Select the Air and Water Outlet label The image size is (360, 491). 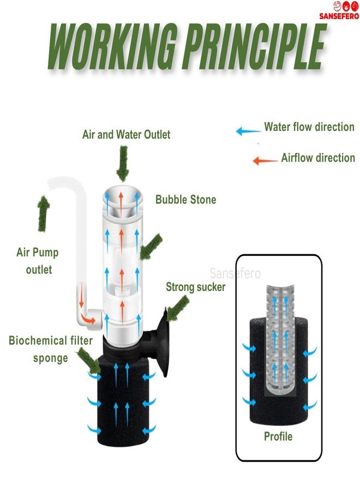pos(126,134)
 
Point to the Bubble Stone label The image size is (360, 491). pos(185,200)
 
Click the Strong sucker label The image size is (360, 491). pos(195,287)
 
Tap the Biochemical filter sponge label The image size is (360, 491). pos(50,349)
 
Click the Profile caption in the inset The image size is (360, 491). pos(278,436)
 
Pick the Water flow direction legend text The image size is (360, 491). pos(309,127)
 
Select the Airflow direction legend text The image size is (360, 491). pos(318,158)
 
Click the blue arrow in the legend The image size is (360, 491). pos(248,131)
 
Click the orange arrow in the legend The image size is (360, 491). pos(265,160)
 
